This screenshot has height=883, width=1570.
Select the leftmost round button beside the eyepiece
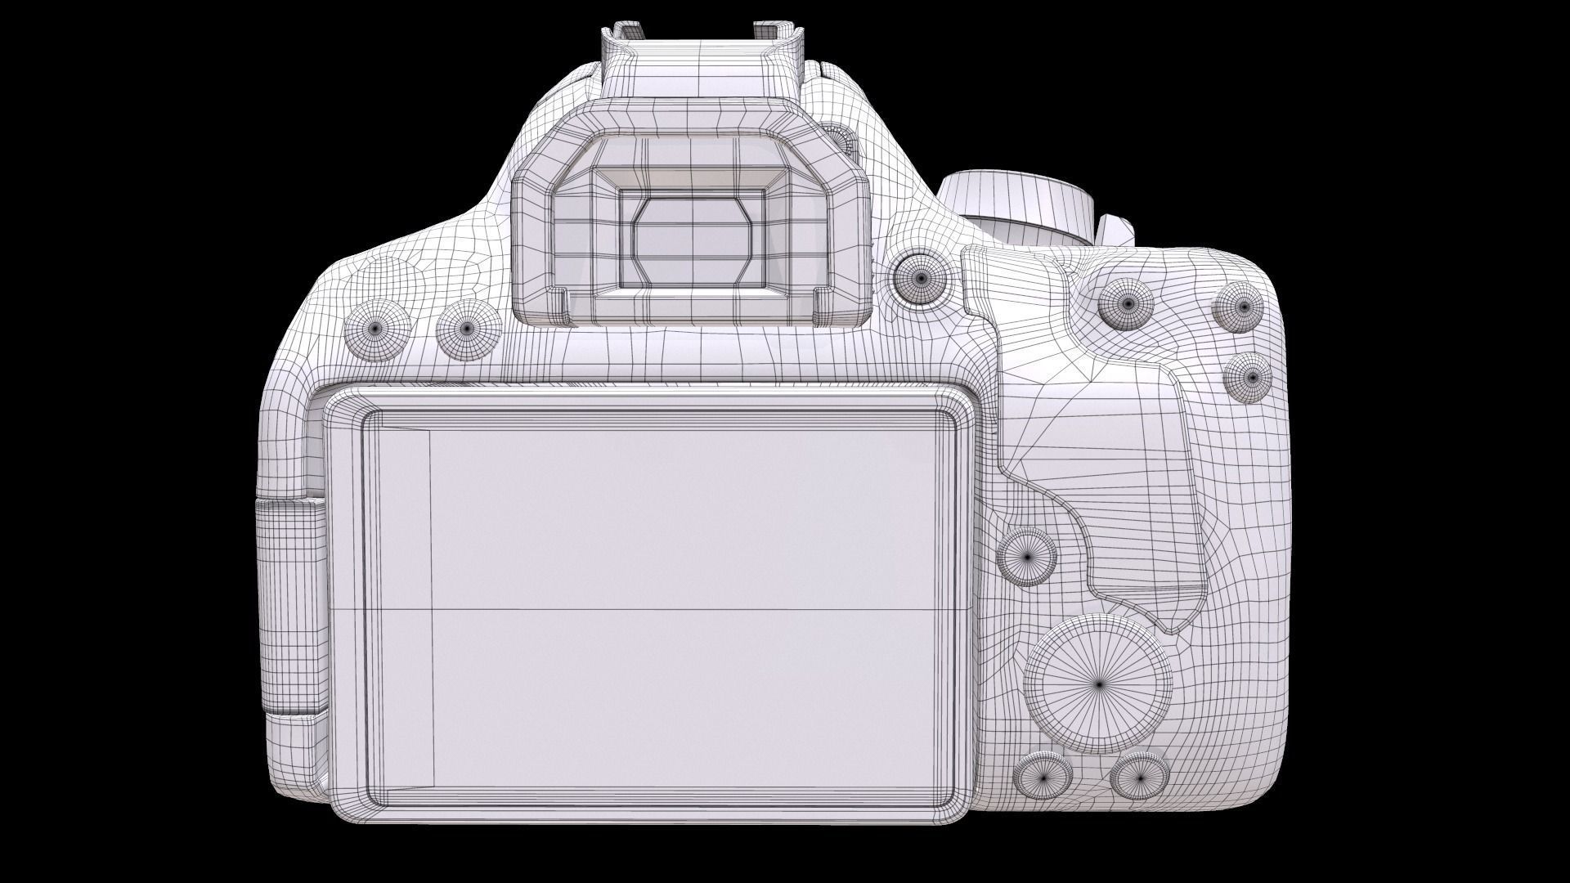pos(375,328)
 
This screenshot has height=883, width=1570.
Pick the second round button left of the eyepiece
pos(467,328)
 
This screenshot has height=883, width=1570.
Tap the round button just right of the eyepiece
pos(921,277)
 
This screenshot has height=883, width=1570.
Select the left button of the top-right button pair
pos(1126,303)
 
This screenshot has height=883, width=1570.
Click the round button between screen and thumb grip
pos(1029,556)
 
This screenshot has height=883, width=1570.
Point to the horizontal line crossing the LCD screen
pos(654,609)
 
